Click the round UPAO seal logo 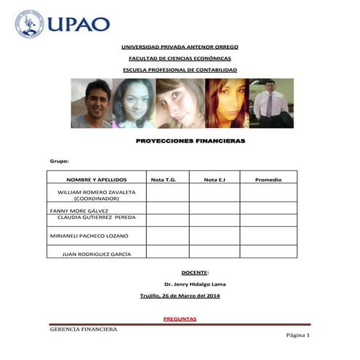coord(30,23)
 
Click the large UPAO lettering coord(79,24)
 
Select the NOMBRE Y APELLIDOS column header coord(97,179)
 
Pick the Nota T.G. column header coord(164,179)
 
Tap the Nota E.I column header coord(215,179)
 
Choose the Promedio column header coord(268,179)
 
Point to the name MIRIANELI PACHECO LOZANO coord(89,236)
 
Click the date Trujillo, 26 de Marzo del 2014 coord(180,295)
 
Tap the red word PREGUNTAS coord(180,319)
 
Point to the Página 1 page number coord(298,335)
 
